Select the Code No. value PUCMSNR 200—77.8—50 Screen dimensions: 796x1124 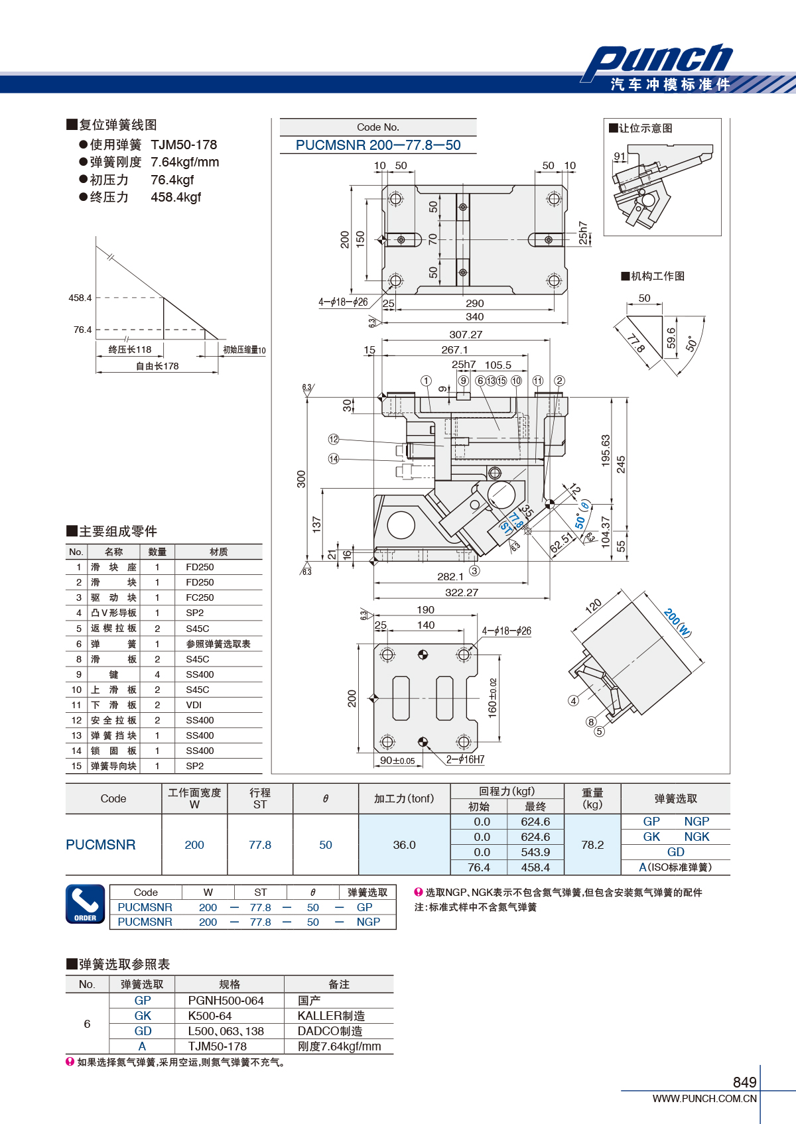pyautogui.click(x=378, y=145)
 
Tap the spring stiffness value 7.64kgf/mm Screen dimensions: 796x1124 pyautogui.click(x=184, y=162)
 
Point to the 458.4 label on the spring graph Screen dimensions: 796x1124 pyautogui.click(x=80, y=298)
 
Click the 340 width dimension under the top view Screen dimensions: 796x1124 pyautogui.click(x=474, y=316)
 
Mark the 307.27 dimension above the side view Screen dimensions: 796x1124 pyautogui.click(x=466, y=334)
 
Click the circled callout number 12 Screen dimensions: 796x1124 pyautogui.click(x=334, y=439)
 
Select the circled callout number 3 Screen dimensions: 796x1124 pyautogui.click(x=474, y=570)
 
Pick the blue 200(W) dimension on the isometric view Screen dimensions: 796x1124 pyautogui.click(x=677, y=623)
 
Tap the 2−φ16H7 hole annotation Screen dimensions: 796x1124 pyautogui.click(x=465, y=759)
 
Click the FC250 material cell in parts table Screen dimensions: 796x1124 pyautogui.click(x=200, y=597)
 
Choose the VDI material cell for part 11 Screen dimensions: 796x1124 pyautogui.click(x=194, y=705)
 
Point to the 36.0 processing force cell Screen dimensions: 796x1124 pyautogui.click(x=404, y=845)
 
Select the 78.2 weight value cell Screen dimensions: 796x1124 pyautogui.click(x=592, y=845)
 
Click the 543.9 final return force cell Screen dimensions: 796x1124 pyautogui.click(x=535, y=852)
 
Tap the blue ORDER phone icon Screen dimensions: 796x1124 pyautogui.click(x=86, y=905)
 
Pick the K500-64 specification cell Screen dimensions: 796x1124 pyautogui.click(x=210, y=1016)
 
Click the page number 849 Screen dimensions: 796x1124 pyautogui.click(x=744, y=1082)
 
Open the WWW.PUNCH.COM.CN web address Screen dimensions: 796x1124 pyautogui.click(x=704, y=1098)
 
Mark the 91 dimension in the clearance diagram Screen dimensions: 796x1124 pyautogui.click(x=620, y=156)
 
